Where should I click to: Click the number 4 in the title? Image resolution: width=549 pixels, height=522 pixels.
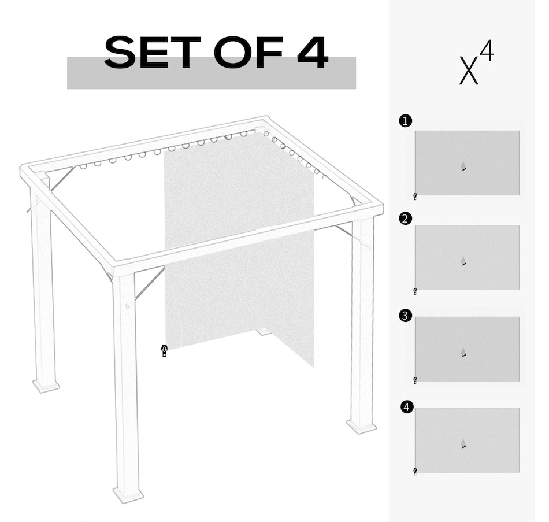(x=313, y=53)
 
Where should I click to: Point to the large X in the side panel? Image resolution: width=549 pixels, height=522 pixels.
(x=469, y=71)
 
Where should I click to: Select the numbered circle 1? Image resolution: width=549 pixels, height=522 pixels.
(x=406, y=121)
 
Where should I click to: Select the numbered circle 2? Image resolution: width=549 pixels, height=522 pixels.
(x=406, y=219)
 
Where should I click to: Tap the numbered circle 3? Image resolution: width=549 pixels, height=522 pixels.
(x=406, y=316)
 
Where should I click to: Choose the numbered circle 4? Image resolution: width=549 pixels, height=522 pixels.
(x=407, y=408)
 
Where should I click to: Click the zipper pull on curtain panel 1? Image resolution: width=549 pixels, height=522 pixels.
(x=415, y=197)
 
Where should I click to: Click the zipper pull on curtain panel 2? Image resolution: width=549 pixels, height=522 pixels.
(x=415, y=291)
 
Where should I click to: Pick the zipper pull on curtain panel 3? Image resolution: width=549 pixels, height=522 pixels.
(x=415, y=380)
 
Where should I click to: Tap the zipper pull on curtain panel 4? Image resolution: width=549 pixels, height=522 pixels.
(x=415, y=472)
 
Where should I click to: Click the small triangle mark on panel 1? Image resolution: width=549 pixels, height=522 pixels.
(x=463, y=166)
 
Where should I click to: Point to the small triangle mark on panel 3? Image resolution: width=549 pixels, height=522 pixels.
(x=463, y=352)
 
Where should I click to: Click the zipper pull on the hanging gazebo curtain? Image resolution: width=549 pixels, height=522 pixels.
(x=165, y=350)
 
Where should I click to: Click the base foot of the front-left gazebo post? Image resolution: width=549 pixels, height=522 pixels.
(x=128, y=494)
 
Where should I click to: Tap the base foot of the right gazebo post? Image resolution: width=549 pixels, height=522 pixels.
(x=362, y=427)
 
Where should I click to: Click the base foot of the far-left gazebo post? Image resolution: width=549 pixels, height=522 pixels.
(x=46, y=385)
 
